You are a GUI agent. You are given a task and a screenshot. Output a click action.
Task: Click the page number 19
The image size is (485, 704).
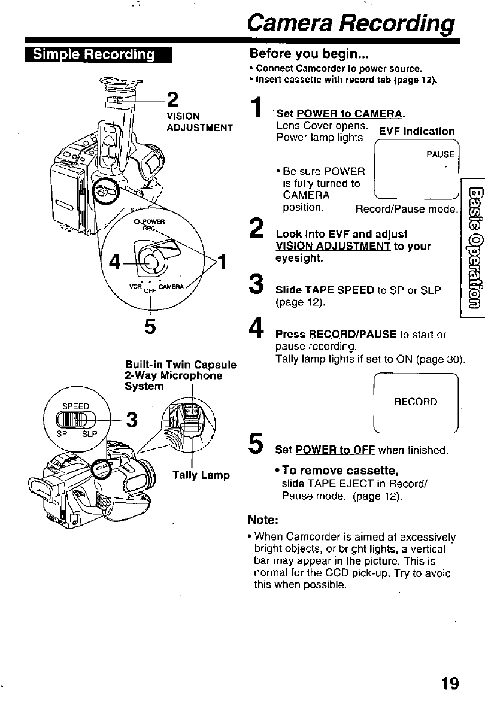449,683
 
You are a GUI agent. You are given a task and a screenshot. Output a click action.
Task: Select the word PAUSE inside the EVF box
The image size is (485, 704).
440,154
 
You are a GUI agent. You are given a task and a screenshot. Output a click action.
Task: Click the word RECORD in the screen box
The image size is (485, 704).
415,402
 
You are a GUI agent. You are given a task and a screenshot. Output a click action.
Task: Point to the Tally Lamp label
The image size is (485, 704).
201,475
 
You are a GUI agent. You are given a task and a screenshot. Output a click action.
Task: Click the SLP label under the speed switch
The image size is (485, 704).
90,433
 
